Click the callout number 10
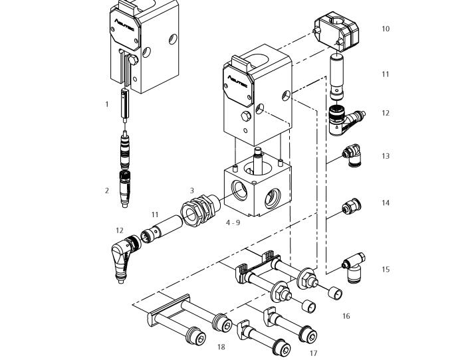point(386,29)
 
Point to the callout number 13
point(386,156)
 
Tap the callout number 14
point(386,203)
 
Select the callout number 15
point(386,270)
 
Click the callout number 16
point(346,316)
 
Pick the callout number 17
point(313,353)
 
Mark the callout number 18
point(221,347)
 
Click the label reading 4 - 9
point(233,223)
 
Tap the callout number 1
point(106,104)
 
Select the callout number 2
point(107,191)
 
